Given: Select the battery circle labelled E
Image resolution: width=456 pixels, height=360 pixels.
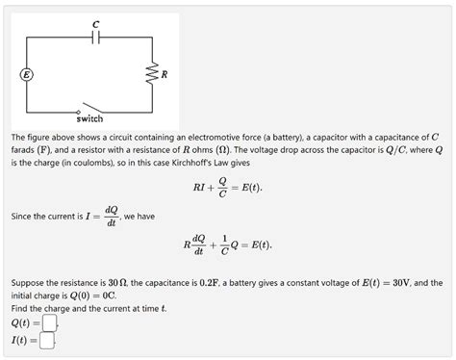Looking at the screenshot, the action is (x=27, y=74).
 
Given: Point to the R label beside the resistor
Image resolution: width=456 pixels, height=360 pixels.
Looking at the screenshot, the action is (x=165, y=74).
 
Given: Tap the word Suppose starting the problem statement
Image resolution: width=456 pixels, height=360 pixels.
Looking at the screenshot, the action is (x=31, y=283).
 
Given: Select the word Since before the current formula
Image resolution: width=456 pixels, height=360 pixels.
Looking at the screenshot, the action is (x=23, y=216).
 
